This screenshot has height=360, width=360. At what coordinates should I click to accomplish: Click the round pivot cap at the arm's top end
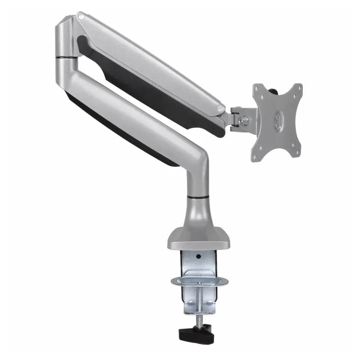pyautogui.click(x=81, y=17)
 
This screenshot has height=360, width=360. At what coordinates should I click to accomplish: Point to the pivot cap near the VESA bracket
pyautogui.click(x=220, y=108)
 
